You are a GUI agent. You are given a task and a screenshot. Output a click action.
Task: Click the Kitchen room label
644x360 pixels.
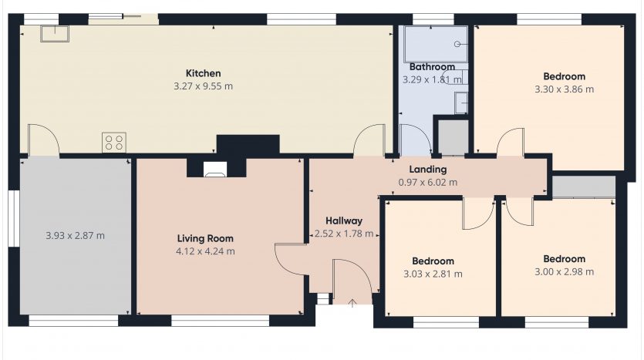click(204, 73)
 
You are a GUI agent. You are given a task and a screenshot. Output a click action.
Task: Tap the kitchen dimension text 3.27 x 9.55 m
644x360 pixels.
click(204, 86)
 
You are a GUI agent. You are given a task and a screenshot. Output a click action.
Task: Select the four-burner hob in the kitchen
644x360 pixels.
click(114, 143)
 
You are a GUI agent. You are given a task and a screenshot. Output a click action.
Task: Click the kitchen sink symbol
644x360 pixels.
click(55, 34)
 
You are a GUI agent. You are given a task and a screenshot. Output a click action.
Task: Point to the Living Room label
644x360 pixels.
click(205, 238)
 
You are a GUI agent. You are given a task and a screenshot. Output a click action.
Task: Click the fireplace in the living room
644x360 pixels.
click(215, 169)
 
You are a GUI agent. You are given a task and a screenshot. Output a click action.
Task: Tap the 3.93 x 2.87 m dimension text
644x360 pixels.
click(75, 236)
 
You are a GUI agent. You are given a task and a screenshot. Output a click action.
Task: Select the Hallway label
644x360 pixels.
click(344, 220)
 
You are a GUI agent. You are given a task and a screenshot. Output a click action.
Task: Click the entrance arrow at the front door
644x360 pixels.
click(352, 304)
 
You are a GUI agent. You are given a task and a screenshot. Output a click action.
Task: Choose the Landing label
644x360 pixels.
click(428, 169)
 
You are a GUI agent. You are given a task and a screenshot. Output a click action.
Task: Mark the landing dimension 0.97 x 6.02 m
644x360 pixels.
click(428, 182)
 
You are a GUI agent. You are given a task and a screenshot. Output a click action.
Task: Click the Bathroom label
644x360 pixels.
click(433, 66)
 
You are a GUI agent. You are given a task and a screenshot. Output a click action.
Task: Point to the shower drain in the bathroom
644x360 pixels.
click(457, 44)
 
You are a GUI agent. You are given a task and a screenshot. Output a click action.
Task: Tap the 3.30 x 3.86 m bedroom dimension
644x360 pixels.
click(565, 89)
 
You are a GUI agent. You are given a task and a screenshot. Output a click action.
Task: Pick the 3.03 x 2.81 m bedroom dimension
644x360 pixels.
click(433, 274)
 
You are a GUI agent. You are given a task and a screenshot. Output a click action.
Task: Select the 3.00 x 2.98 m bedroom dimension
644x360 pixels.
click(565, 272)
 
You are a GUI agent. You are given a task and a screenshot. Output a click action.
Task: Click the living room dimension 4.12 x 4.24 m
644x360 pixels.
click(205, 251)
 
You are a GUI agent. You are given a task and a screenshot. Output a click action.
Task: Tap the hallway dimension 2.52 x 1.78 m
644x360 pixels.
click(344, 234)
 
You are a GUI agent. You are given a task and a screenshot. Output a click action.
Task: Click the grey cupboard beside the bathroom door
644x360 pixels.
click(453, 137)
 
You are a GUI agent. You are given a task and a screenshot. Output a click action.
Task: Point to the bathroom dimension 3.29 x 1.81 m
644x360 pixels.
click(432, 79)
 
